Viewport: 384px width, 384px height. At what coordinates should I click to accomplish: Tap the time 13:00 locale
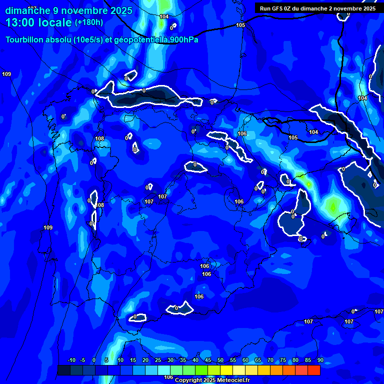click(39, 22)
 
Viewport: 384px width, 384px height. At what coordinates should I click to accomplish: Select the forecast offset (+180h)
click(89, 22)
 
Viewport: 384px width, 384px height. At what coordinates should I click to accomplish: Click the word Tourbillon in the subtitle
click(25, 40)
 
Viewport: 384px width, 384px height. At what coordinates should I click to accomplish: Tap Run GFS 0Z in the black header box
click(277, 8)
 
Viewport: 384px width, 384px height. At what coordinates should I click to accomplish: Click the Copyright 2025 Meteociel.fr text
click(212, 380)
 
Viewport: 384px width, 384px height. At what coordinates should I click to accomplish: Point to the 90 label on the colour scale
click(320, 360)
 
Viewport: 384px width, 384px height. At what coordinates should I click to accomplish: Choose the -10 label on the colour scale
click(71, 360)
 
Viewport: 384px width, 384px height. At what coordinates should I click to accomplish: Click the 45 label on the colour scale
click(208, 360)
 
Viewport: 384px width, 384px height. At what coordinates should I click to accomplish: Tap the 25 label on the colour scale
click(158, 360)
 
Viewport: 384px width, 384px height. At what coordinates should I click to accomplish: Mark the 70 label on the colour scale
click(270, 360)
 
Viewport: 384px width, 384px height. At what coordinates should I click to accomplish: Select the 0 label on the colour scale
click(94, 360)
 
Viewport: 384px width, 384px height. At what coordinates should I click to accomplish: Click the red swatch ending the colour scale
click(314, 370)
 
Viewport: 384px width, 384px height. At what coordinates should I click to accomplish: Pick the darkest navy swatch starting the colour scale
click(63, 370)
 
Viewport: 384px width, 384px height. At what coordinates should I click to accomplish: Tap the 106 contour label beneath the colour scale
click(168, 377)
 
